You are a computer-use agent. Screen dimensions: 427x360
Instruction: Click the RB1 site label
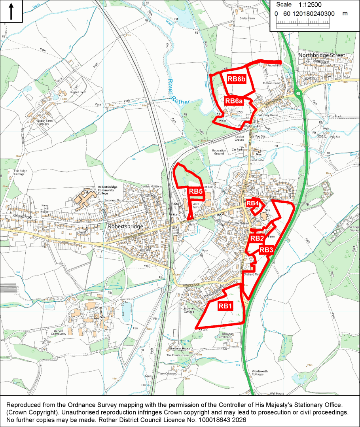pyautogui.click(x=225, y=306)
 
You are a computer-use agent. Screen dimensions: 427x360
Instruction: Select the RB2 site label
pyautogui.click(x=257, y=238)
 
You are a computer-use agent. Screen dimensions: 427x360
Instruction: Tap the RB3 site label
pyautogui.click(x=266, y=250)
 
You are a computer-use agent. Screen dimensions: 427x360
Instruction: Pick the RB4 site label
pyautogui.click(x=252, y=203)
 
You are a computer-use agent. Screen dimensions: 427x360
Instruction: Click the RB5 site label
pyautogui.click(x=195, y=192)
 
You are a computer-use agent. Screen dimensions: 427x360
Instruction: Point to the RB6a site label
pyautogui.click(x=233, y=101)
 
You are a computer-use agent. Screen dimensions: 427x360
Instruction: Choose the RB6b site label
pyautogui.click(x=236, y=79)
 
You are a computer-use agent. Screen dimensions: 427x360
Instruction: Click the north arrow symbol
pyautogui.click(x=11, y=11)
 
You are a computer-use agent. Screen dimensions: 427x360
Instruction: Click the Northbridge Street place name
pyautogui.click(x=322, y=55)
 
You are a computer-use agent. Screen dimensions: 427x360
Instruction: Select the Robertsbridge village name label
pyautogui.click(x=125, y=227)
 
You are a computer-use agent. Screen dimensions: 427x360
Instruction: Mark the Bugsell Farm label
pyautogui.click(x=77, y=92)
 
